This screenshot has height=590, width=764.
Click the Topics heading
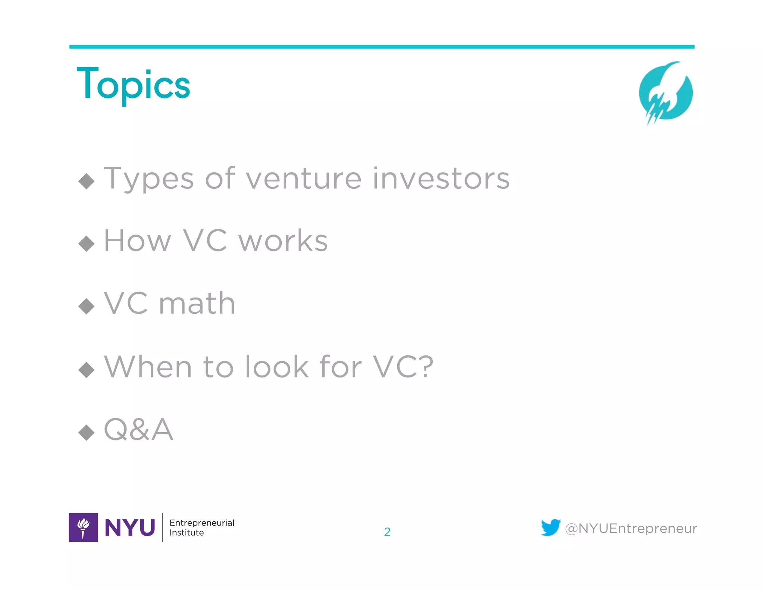tap(133, 85)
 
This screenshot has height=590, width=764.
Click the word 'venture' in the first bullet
tap(303, 179)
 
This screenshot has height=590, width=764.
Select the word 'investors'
tap(441, 179)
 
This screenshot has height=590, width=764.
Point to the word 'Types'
tap(148, 179)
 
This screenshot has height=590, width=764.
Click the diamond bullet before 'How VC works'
tap(87, 244)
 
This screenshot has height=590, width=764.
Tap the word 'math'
tap(197, 304)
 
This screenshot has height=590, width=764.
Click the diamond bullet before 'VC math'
tap(87, 306)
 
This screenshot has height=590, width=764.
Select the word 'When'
tap(148, 367)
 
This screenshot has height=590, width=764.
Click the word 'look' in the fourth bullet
tap(277, 367)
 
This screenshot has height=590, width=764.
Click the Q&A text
tap(138, 430)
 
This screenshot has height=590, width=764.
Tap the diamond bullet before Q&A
tap(87, 433)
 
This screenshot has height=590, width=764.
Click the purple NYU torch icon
tap(83, 527)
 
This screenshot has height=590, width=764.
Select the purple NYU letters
tap(130, 528)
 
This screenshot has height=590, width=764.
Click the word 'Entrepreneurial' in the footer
tap(202, 523)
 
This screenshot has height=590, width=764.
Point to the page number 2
tap(387, 532)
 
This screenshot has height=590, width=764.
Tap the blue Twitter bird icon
tap(551, 527)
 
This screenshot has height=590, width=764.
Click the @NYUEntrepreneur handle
tap(631, 528)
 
